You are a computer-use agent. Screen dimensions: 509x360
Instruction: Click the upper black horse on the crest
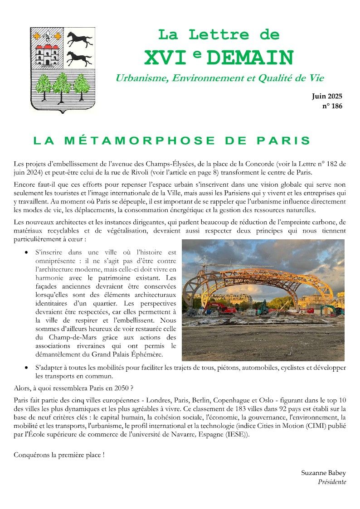[x=79, y=39]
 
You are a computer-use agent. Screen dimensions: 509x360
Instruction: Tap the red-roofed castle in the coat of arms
[x=48, y=54]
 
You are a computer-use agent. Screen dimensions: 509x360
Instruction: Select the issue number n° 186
[x=332, y=106]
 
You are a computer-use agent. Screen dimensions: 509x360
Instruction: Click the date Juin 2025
[x=327, y=96]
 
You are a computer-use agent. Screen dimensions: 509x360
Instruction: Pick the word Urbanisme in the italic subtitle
[x=141, y=78]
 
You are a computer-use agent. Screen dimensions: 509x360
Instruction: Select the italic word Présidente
[x=332, y=482]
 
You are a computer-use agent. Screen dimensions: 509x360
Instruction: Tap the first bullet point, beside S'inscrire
[x=28, y=252]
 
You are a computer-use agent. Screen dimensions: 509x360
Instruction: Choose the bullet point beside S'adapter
[x=28, y=368]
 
